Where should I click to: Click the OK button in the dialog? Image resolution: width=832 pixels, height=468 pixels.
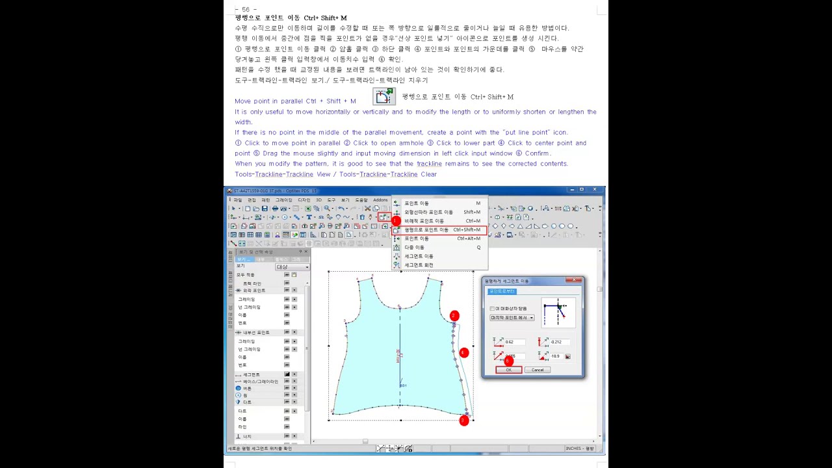tap(508, 370)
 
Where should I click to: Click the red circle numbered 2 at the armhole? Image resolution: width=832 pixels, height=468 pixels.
tap(454, 316)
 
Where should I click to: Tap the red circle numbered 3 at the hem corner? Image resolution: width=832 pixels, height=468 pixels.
tap(463, 421)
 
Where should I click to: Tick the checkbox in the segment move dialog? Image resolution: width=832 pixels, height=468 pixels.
tap(492, 309)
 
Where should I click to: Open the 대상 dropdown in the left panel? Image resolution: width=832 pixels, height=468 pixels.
tap(292, 267)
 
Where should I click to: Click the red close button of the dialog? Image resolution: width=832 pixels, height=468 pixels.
tap(573, 281)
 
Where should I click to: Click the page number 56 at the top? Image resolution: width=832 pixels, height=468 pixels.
tap(245, 10)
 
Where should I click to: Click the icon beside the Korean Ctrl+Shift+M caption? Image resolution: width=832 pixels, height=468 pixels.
tap(383, 96)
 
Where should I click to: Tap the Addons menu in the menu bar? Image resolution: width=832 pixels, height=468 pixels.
tap(380, 200)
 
